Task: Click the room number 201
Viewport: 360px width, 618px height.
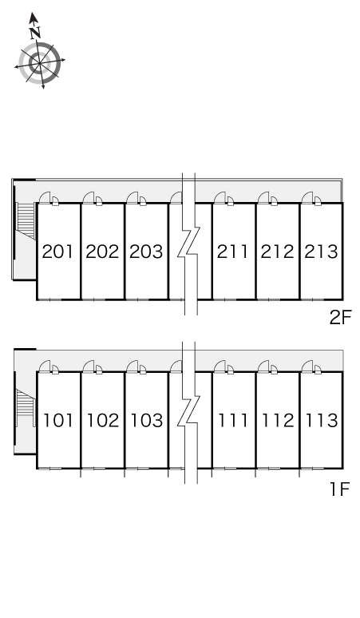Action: tap(58, 252)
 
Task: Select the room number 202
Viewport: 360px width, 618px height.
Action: tap(102, 252)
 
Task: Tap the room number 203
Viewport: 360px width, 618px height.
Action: tap(146, 252)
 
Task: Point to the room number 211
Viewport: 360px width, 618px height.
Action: tap(233, 252)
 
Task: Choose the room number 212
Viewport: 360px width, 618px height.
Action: tap(277, 252)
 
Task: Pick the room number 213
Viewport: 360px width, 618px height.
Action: tap(321, 252)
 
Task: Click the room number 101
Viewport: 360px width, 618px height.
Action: tap(58, 421)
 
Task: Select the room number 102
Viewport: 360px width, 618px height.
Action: tap(102, 421)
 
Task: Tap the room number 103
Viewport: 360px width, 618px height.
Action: tap(147, 421)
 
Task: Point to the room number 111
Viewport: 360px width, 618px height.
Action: tap(233, 421)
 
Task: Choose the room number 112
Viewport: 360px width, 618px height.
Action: tap(278, 421)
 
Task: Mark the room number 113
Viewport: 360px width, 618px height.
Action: tap(322, 421)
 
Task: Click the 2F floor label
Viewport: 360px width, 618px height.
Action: tap(340, 318)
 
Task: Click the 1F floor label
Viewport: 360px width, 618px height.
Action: tap(340, 489)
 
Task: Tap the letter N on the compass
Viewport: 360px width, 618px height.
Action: tap(35, 33)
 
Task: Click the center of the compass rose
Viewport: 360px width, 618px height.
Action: tap(40, 63)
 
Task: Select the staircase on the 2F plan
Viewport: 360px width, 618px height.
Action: tap(26, 220)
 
